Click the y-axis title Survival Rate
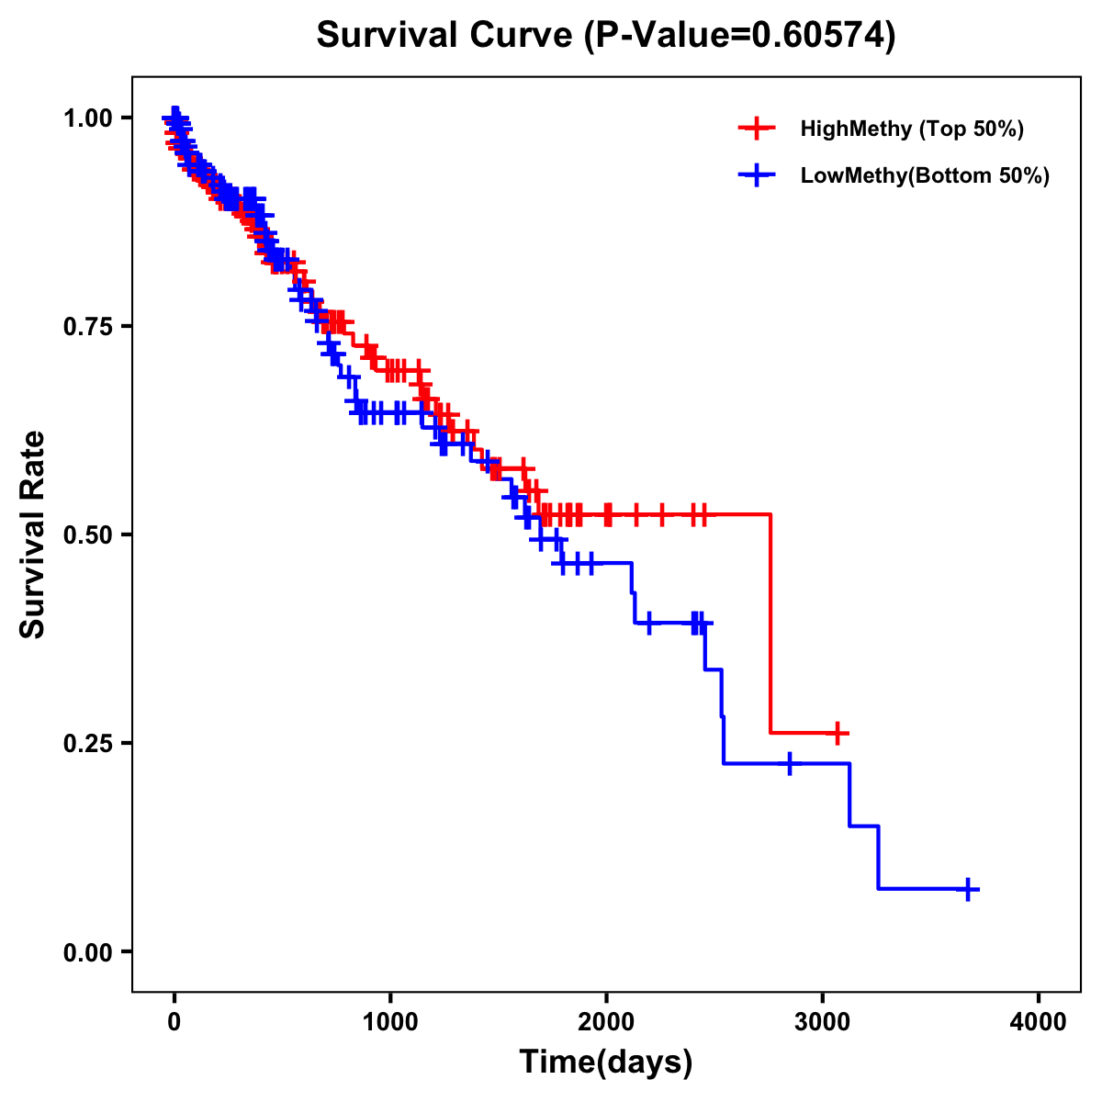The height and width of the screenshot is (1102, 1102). point(33,534)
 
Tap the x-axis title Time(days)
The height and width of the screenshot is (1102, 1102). point(606,1062)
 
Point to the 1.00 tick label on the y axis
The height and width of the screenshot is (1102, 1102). point(87,118)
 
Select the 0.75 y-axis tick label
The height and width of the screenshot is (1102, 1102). point(87,326)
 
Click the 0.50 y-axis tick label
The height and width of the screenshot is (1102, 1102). point(87,534)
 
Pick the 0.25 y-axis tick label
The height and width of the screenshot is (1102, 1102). point(87,743)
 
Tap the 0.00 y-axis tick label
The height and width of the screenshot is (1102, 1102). point(87,951)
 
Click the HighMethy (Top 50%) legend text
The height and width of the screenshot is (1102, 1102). point(912,129)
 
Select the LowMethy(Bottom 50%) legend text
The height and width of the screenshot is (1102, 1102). point(925,175)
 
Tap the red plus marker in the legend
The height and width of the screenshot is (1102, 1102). point(757,129)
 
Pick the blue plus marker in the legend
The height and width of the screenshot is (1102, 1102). point(757,175)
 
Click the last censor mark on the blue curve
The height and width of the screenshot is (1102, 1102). point(968,889)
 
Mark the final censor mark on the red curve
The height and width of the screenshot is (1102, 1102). point(837,733)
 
